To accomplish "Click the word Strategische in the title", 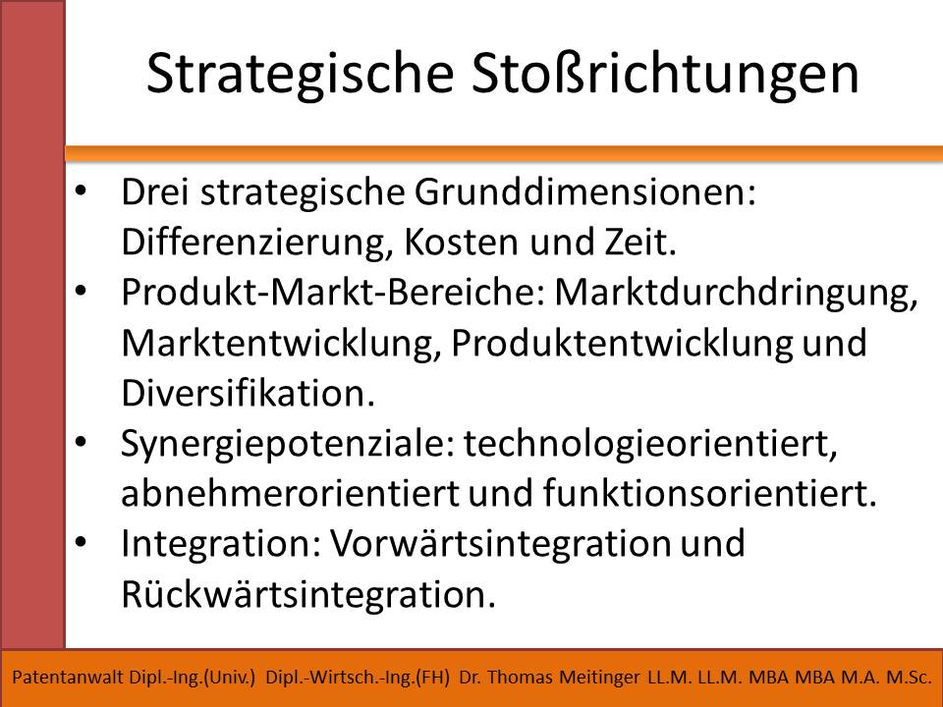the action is [301, 75].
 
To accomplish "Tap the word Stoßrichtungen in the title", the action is [665, 74].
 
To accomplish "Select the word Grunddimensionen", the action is [584, 192].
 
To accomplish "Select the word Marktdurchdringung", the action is [736, 294].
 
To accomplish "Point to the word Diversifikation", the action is [248, 393].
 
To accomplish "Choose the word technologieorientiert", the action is [650, 444].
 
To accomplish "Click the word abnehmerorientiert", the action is [291, 493].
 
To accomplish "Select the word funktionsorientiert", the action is [709, 493].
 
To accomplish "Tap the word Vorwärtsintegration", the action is [500, 543].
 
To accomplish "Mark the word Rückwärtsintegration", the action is [308, 594].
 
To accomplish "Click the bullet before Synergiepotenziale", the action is [81, 442].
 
